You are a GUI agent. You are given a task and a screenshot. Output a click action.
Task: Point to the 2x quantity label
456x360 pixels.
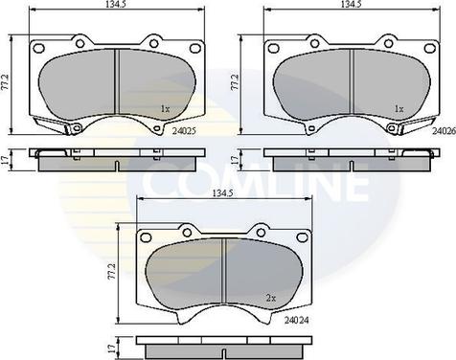272,299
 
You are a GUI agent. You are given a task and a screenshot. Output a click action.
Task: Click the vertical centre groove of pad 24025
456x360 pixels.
115,86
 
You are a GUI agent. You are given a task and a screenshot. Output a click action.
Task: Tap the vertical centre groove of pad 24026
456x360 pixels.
353,86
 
